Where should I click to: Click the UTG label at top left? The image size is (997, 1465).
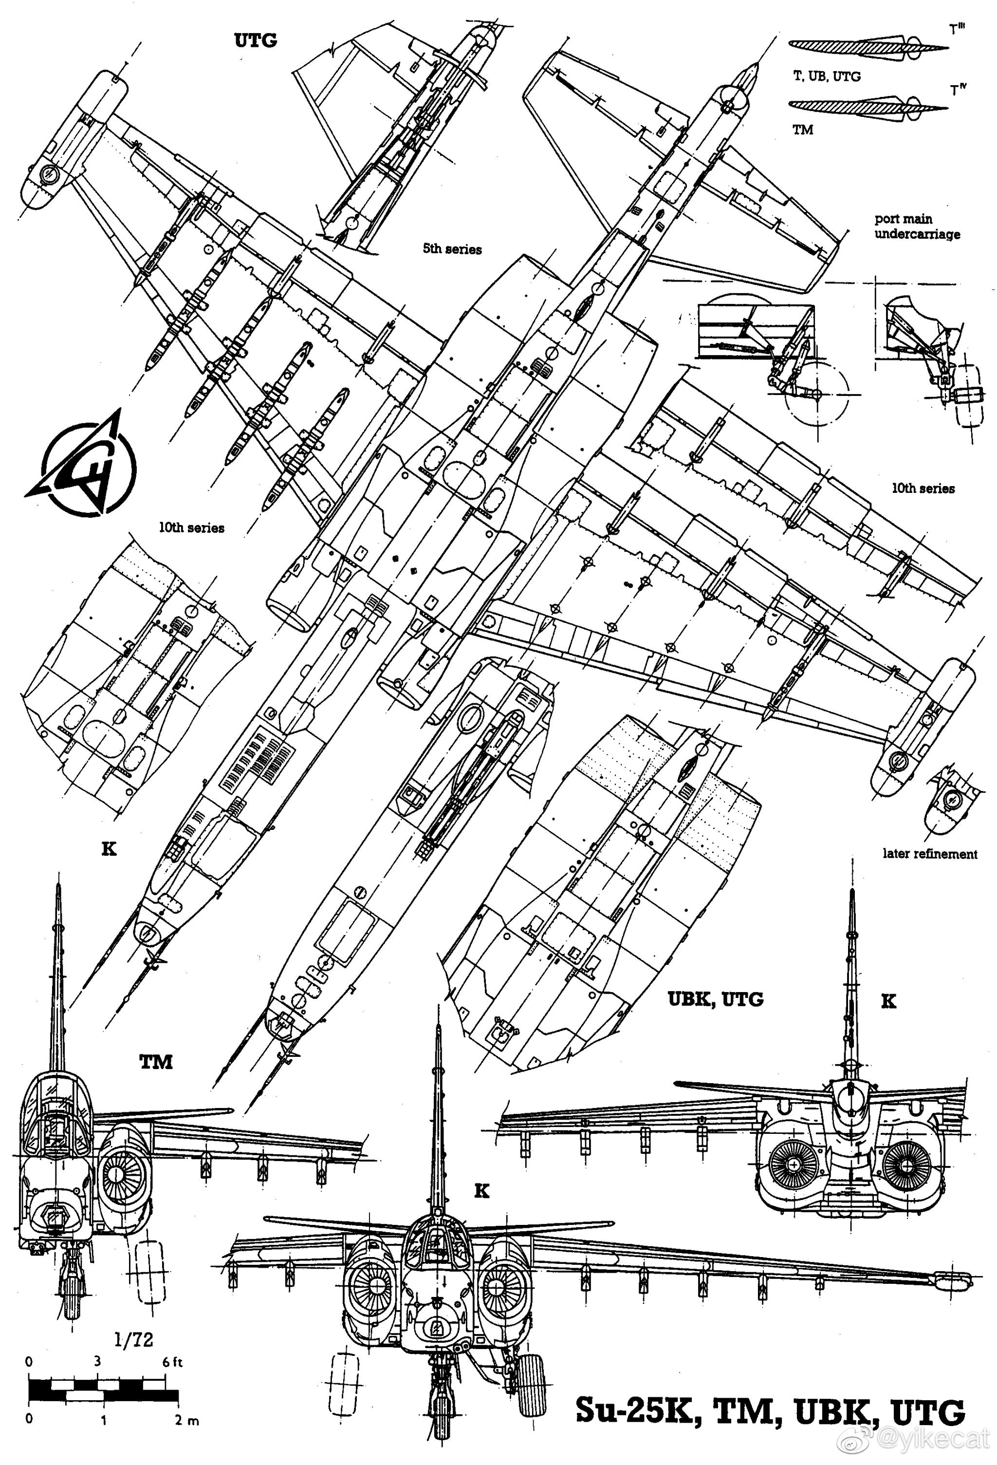tap(255, 40)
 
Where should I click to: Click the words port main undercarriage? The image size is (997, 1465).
tap(917, 227)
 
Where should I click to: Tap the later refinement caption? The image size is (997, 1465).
tap(929, 854)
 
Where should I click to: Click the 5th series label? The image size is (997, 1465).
tap(452, 249)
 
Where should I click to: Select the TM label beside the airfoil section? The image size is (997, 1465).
tap(802, 130)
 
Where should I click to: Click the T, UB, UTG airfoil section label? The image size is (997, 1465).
tap(826, 76)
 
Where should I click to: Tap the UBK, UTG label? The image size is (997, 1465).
tap(715, 999)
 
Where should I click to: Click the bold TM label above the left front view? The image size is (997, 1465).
tap(156, 1062)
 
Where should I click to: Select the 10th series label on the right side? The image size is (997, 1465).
tap(923, 488)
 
